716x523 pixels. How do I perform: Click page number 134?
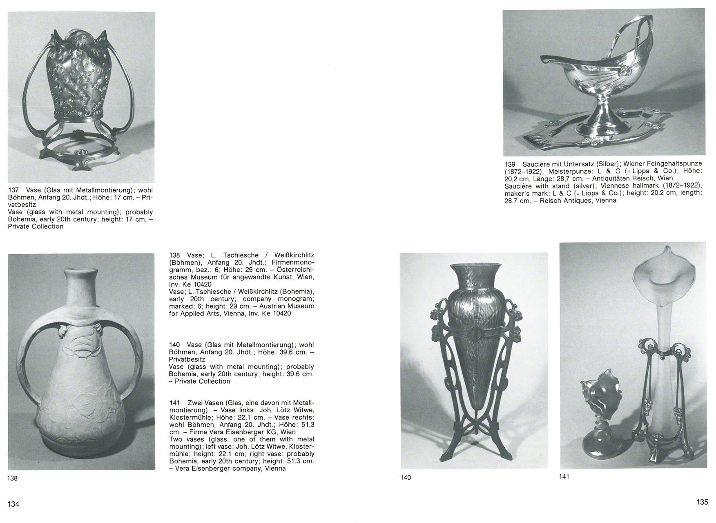pos(13,504)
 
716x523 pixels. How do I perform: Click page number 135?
pos(702,502)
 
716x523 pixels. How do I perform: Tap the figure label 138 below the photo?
pos(13,478)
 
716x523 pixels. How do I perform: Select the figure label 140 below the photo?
pos(406,477)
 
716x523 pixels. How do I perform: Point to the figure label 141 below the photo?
pos(564,476)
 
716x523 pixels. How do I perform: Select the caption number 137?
pos(13,190)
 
